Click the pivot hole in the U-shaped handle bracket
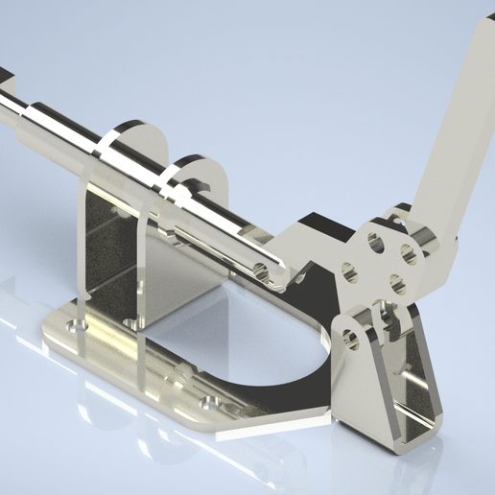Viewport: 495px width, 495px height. point(349,338)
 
